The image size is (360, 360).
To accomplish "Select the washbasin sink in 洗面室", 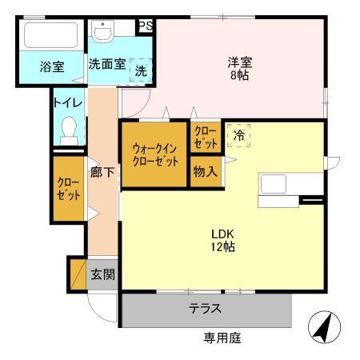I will click(x=102, y=33).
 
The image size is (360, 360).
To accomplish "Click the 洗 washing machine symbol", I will click(x=141, y=70).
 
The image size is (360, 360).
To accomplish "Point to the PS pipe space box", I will click(x=145, y=26).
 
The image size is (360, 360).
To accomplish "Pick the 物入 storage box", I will click(x=205, y=171).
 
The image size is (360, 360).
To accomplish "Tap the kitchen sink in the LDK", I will click(x=275, y=183).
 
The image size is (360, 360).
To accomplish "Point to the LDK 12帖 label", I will click(x=222, y=240).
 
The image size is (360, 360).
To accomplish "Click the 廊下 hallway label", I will click(x=102, y=171).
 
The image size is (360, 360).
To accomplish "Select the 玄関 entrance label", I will click(x=102, y=275).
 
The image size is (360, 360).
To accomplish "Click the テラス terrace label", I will click(x=205, y=309).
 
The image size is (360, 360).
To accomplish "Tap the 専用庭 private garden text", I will click(x=222, y=338).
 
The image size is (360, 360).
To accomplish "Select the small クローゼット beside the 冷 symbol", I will click(x=205, y=138).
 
